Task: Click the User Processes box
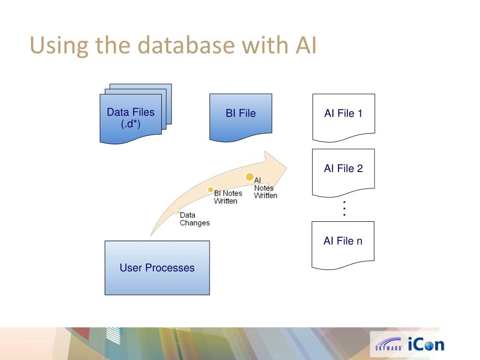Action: click(157, 268)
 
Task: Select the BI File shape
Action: click(240, 115)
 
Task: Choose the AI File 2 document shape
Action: click(343, 170)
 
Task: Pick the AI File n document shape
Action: click(343, 243)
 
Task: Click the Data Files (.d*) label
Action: click(130, 118)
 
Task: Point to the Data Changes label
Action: click(195, 219)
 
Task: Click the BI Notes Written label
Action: click(228, 197)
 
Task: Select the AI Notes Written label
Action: click(265, 188)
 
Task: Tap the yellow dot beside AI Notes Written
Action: click(250, 177)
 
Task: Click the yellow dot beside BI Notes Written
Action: click(210, 190)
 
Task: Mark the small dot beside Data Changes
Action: click(178, 212)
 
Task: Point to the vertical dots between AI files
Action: click(344, 208)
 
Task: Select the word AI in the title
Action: click(306, 45)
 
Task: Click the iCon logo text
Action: click(426, 345)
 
